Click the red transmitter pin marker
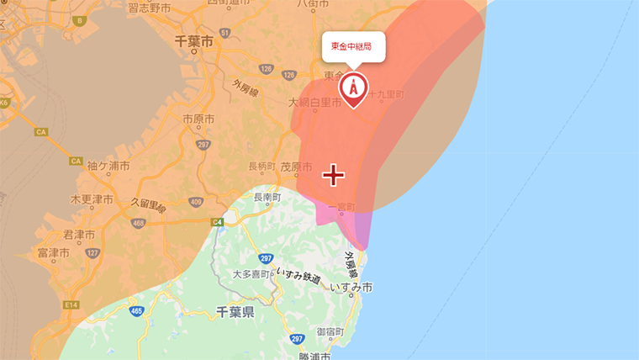[x=353, y=87]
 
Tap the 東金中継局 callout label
[x=351, y=46]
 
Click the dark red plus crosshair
[x=334, y=175]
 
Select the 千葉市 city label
[x=195, y=40]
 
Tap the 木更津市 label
[x=92, y=200]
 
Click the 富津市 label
[x=53, y=252]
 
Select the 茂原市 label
[x=297, y=167]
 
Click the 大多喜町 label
[x=251, y=274]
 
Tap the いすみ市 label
[x=351, y=287]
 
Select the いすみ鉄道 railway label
[x=298, y=276]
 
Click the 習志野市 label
[x=151, y=8]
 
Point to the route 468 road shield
[x=139, y=222]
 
